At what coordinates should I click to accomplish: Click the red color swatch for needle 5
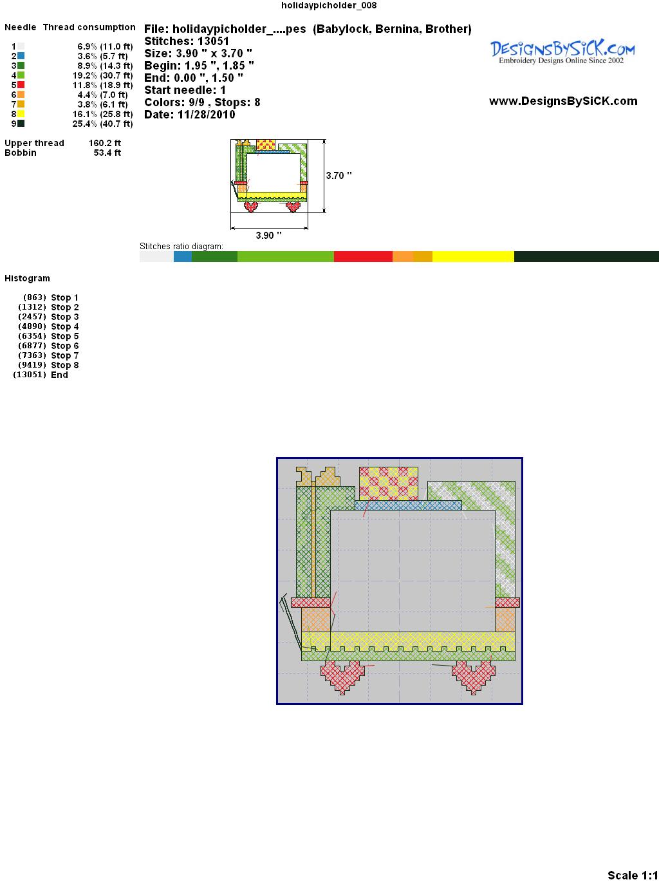pos(21,85)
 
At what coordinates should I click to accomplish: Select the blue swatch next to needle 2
pos(21,56)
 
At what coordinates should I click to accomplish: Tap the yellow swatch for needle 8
pos(21,114)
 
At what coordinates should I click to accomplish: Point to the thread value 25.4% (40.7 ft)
pos(102,124)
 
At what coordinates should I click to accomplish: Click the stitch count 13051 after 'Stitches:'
pos(213,41)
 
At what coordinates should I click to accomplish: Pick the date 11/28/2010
pos(207,115)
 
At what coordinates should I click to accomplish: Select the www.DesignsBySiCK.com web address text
pos(563,101)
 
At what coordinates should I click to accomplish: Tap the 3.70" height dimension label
pos(339,176)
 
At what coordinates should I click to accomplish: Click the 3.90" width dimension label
pos(268,235)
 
